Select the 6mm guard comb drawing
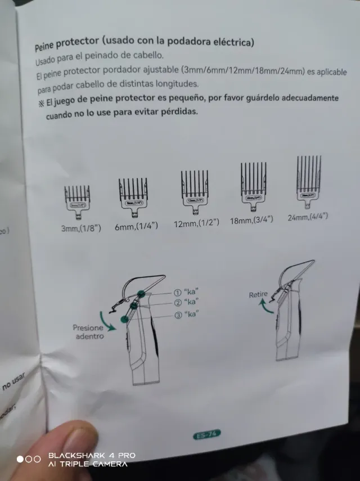tap(133, 196)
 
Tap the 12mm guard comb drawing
tap(194, 191)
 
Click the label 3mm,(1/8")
tap(81, 230)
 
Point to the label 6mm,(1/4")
tap(137, 226)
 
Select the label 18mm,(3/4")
tap(251, 220)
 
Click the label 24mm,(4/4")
tap(307, 217)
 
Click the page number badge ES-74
tap(206, 434)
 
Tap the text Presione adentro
tap(88, 332)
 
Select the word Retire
tap(258, 294)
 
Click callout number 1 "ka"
tap(187, 293)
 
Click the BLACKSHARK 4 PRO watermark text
tap(92, 456)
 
